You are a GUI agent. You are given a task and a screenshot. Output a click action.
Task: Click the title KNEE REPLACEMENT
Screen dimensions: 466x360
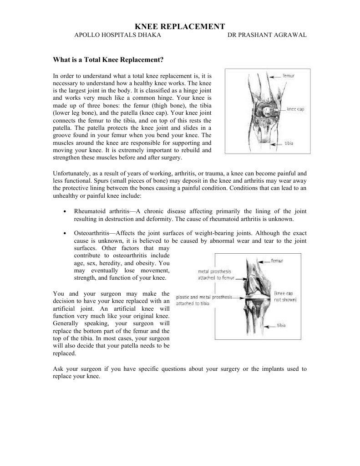[180, 27]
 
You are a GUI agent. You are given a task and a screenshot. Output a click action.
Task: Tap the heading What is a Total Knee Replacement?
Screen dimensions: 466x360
[108, 59]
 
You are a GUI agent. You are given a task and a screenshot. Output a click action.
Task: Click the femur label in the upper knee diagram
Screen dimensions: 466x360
[289, 75]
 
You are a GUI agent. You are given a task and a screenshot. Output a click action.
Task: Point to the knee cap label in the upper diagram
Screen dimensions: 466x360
[295, 109]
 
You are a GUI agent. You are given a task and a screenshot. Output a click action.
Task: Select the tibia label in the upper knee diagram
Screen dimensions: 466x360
[289, 143]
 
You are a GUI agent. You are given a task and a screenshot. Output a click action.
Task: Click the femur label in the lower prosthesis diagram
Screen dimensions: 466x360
[277, 261]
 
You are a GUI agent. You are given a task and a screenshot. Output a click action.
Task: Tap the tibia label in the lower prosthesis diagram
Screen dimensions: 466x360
[281, 325]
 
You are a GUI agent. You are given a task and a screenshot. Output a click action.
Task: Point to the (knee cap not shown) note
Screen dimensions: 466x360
[285, 297]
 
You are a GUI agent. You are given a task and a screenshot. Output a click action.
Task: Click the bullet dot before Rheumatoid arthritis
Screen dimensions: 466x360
[66, 212]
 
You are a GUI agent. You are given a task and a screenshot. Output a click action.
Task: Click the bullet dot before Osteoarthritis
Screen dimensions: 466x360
[66, 233]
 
